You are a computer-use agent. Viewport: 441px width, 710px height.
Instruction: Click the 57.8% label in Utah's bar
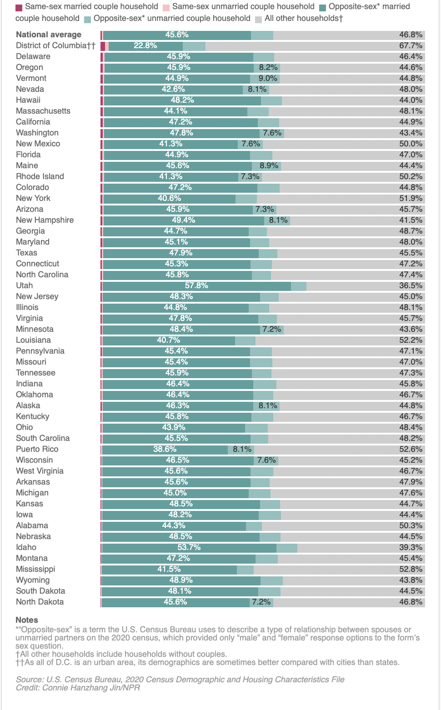pos(196,285)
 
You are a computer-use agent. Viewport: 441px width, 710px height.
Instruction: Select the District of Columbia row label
pos(55,45)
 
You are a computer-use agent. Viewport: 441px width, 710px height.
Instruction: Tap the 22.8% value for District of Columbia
pos(145,45)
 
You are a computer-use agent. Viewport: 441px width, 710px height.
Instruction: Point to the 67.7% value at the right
pos(411,45)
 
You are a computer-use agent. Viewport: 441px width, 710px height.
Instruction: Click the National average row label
pos(49,35)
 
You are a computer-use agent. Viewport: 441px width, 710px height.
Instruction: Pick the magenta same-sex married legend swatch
pos(19,7)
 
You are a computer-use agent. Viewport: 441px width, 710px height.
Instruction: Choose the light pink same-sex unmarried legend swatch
pos(166,7)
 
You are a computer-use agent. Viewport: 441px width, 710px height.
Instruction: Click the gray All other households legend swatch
pos(258,19)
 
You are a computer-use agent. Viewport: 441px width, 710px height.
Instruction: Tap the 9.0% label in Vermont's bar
pos(268,78)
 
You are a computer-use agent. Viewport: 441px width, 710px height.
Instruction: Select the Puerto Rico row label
pos(37,449)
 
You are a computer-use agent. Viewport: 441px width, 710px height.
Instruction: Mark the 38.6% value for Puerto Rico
pos(165,449)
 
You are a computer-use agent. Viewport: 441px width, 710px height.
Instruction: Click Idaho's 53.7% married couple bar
pos(189,547)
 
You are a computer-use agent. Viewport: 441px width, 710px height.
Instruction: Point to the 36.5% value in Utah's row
pos(411,285)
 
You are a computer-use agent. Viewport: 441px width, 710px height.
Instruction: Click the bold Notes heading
pos(27,620)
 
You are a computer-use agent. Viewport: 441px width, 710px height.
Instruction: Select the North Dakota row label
pos(40,602)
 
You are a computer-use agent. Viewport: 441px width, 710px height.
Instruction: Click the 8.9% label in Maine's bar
pos(269,165)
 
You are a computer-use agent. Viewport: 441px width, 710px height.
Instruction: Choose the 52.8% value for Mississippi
pos(411,569)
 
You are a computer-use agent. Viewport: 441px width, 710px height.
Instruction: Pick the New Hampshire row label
pos(45,220)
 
